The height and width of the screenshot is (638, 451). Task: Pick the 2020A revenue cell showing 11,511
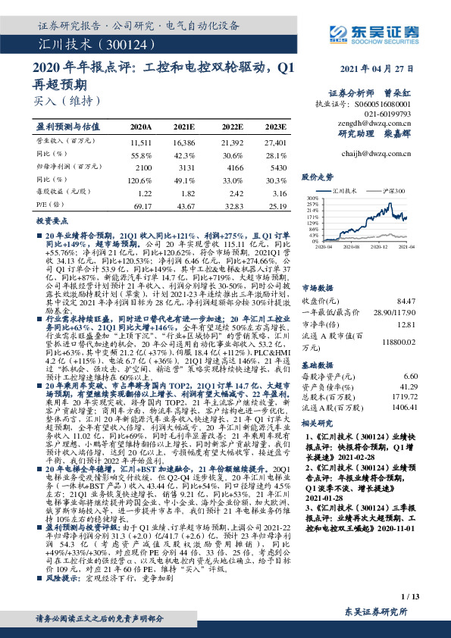[142, 142]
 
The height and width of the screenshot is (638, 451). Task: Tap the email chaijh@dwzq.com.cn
[376, 152]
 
